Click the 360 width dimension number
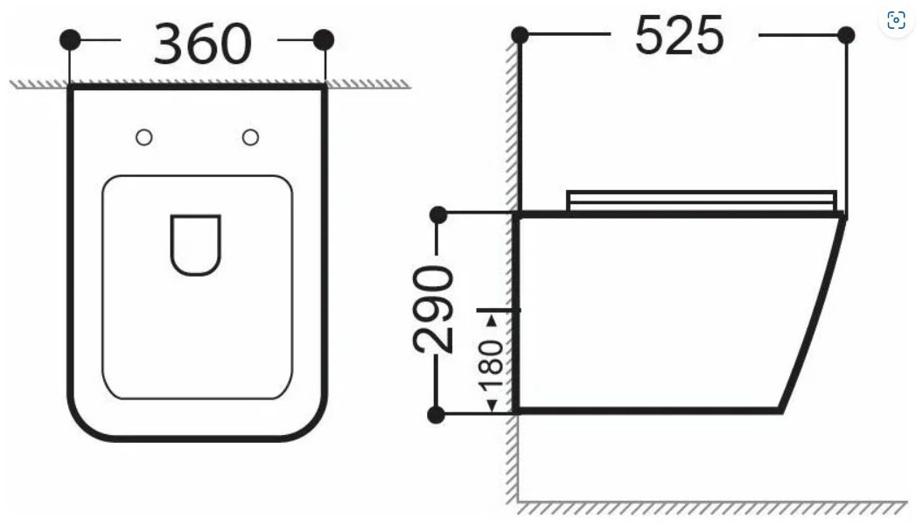pos(202,44)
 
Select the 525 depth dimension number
pos(679,35)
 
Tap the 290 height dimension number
pos(433,309)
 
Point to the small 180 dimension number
pos(492,366)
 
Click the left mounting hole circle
pos(144,137)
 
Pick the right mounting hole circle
pos(250,137)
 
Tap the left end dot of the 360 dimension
pos(70,40)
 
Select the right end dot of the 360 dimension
pos(324,40)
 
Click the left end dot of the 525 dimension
pos(520,35)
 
